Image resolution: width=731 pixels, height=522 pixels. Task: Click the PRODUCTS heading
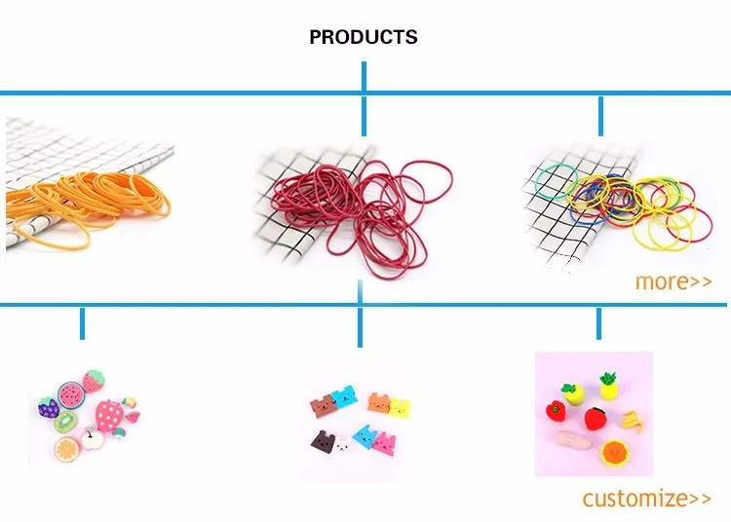point(363,37)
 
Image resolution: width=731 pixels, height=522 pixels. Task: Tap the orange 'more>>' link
point(673,281)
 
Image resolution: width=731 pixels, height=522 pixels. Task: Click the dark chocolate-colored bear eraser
point(319,440)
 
